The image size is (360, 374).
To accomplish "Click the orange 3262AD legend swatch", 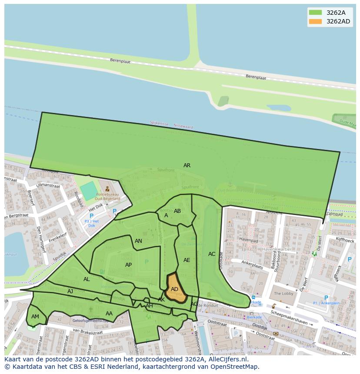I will pos(315,21).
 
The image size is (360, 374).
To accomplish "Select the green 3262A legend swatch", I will pos(315,13).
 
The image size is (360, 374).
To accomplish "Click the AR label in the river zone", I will pos(187,165).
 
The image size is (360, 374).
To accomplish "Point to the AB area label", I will pos(177,211).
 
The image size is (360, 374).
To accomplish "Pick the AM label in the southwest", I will pos(35,317).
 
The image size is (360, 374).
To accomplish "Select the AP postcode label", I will pos(128,265).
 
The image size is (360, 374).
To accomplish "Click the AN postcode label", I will pos(138,241).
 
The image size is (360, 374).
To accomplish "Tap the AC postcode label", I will pos(212,254).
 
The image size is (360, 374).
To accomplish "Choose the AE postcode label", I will pos(187,260).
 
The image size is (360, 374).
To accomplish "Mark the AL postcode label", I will pos(87,279).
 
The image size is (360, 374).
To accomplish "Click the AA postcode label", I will pos(109,314).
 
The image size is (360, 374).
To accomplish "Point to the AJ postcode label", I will pos(70,291).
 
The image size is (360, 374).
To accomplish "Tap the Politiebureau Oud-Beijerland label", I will pos(108,196).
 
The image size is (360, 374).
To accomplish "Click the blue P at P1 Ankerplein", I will pos(326,298).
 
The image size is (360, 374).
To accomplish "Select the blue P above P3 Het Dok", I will pos(91,216).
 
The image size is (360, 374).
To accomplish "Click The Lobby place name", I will pos(283,294).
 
